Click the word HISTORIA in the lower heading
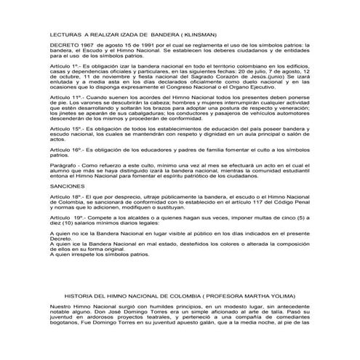82,297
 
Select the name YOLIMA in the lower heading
276,297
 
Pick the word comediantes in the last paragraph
286,322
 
